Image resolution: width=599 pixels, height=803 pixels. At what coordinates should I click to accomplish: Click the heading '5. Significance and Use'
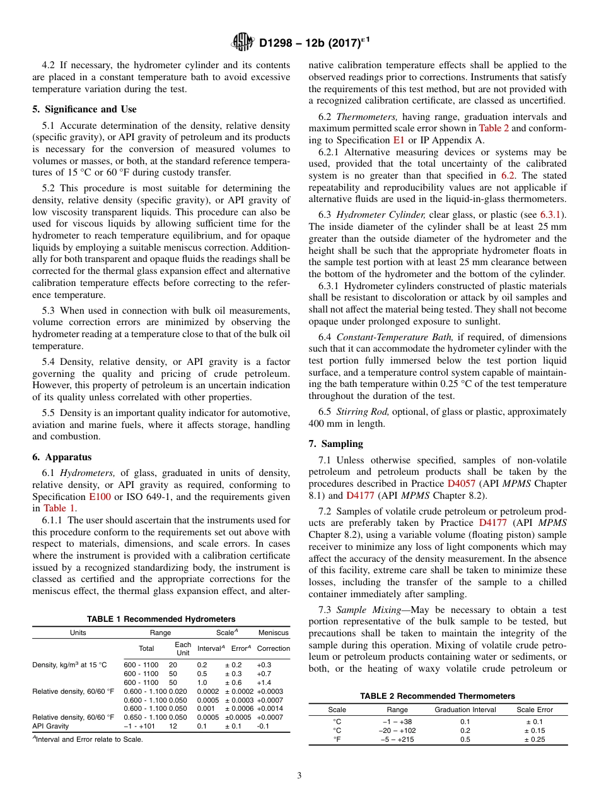coord(84,109)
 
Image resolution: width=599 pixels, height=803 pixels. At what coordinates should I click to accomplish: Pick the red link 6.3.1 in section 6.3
coord(552,215)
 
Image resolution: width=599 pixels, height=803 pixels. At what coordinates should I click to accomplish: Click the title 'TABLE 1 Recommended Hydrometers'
coord(161,619)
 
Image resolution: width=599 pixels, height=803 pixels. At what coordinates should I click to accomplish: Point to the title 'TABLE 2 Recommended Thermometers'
coord(438,696)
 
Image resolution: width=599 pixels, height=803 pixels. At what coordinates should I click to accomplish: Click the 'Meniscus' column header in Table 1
coord(273,633)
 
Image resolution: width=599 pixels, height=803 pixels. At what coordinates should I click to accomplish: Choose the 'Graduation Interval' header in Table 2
coord(465,710)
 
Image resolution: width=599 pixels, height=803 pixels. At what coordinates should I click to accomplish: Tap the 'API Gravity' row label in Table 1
coord(52,726)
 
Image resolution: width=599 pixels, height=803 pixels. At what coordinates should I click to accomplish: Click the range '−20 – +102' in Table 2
coord(397,730)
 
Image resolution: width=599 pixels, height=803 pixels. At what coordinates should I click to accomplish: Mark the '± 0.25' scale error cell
coord(535,740)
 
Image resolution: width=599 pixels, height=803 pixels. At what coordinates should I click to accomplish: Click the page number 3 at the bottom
coord(299,776)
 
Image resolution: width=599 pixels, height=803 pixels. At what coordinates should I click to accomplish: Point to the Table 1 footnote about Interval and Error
coord(88,739)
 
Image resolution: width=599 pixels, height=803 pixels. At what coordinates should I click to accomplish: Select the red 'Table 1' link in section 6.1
coord(59,508)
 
